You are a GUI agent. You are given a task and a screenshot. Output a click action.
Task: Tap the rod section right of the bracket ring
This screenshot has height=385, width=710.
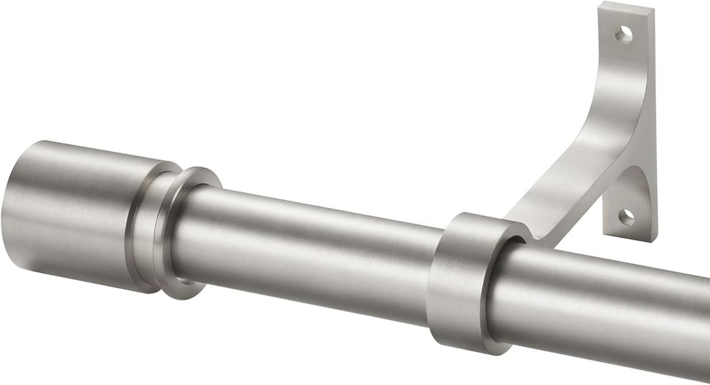tap(605, 309)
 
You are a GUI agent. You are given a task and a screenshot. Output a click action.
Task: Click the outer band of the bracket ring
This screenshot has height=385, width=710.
tap(454, 283)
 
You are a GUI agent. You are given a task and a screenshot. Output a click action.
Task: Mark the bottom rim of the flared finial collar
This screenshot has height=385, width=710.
tap(181, 293)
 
